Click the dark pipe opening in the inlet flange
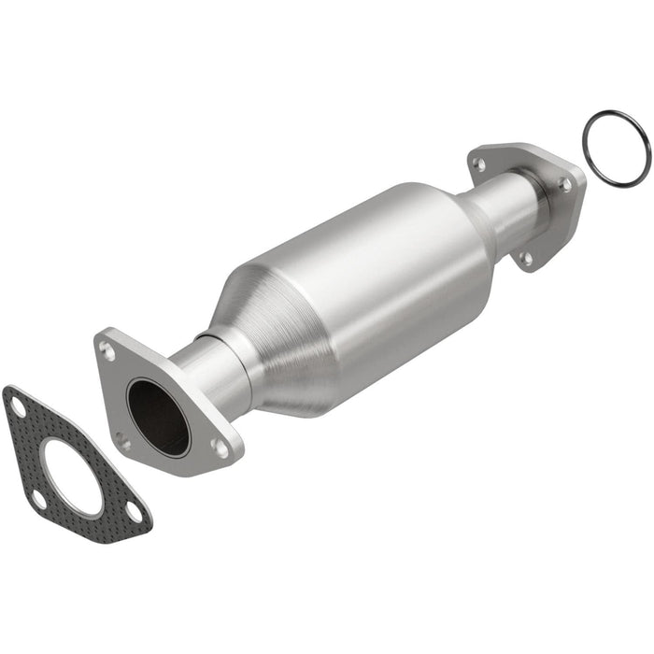[x=157, y=417]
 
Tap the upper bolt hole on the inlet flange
[x=109, y=353]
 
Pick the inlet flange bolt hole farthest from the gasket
[x=220, y=448]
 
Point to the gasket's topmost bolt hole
[x=17, y=406]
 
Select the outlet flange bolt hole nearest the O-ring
[x=565, y=185]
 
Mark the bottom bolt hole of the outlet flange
[x=526, y=258]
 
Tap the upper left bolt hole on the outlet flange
[x=479, y=164]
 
